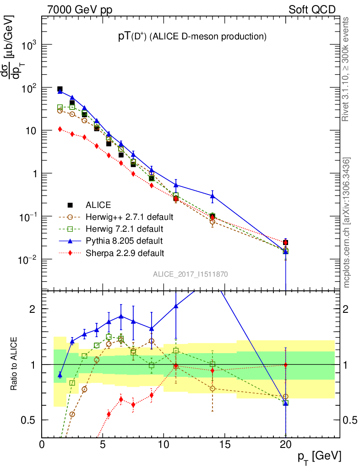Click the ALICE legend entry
coord(98,205)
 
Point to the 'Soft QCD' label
coord(312,10)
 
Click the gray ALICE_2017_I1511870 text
coord(191,274)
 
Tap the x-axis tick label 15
coord(224,444)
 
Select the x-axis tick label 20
coord(285,444)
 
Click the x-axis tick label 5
coord(103,444)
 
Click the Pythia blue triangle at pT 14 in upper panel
coord(213,196)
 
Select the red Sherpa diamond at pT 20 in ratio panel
coord(286,365)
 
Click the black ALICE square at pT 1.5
coord(60,89)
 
